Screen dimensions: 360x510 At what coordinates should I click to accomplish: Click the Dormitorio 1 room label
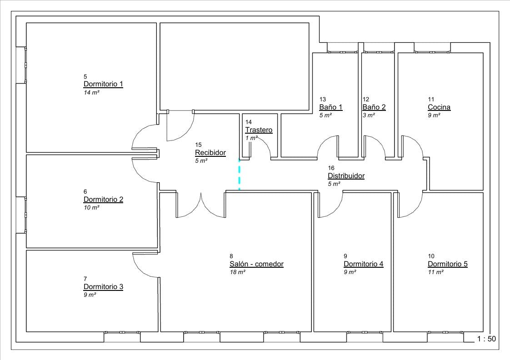[x=103, y=84]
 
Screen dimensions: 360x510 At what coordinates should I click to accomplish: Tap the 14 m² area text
[x=91, y=92]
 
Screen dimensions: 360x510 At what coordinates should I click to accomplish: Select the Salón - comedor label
[x=256, y=264]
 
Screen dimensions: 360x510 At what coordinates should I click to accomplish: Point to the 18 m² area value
[x=237, y=272]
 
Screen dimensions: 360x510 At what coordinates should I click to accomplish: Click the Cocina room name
[x=439, y=107]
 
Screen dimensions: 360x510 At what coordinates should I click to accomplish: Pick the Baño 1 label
[x=331, y=107]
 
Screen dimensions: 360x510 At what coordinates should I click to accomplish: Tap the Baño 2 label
[x=374, y=107]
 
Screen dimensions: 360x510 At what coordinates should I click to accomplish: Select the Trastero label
[x=259, y=130]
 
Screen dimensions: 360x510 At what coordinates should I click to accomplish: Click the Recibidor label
[x=210, y=153]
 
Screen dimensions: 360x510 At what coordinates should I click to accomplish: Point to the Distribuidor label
[x=346, y=176]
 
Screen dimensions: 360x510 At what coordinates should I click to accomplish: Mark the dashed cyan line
[x=240, y=175]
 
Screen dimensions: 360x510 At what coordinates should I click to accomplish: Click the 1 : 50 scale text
[x=486, y=339]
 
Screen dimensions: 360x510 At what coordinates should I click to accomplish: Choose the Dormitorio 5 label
[x=447, y=264]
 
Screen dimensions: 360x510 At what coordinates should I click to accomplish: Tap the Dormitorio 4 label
[x=363, y=264]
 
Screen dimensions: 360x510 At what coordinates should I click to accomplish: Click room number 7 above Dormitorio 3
[x=85, y=279]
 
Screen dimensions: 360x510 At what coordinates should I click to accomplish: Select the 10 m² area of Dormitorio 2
[x=91, y=207]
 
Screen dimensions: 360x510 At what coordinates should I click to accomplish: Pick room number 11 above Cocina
[x=431, y=99]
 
